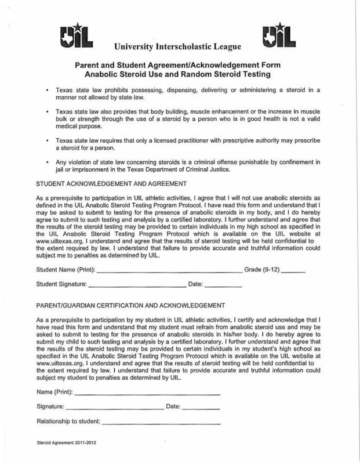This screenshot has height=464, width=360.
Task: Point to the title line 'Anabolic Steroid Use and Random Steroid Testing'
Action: (x=180, y=75)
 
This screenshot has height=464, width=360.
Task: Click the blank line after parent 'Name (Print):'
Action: (x=148, y=394)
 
